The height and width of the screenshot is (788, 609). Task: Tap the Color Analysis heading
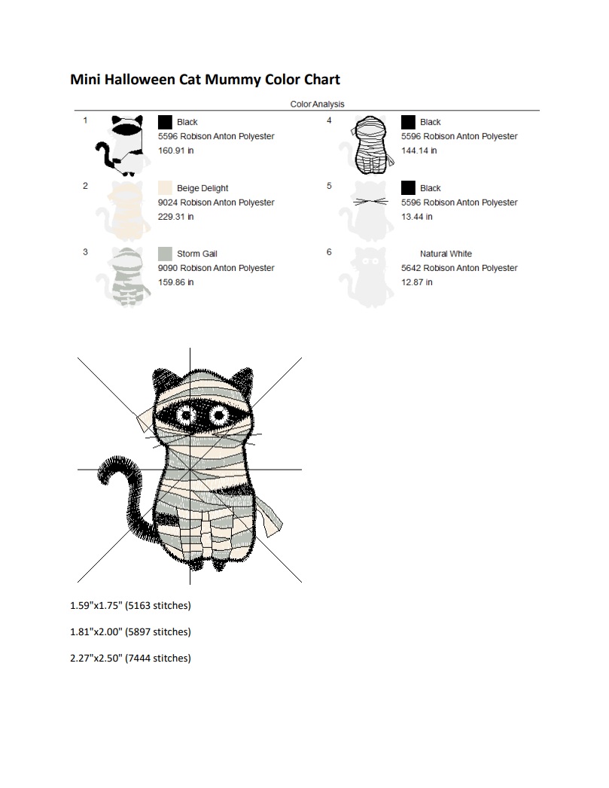(317, 104)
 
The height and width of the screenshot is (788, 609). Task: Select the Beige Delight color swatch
(165, 188)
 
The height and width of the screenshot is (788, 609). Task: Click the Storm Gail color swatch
(165, 254)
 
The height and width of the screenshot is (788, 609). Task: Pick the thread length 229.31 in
(176, 217)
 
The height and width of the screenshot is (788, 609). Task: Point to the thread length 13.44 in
(416, 217)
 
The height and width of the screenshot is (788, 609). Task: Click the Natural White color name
(446, 254)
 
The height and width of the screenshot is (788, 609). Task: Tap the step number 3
(85, 252)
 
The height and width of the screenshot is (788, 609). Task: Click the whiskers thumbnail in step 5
(370, 202)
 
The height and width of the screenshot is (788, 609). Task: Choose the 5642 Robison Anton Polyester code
(459, 268)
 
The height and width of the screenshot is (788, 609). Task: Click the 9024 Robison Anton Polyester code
(216, 202)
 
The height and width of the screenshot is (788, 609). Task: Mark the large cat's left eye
(187, 415)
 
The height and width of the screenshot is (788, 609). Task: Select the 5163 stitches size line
(130, 606)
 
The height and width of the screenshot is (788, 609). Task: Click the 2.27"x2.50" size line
(130, 658)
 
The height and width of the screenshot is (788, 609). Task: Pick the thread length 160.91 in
(176, 151)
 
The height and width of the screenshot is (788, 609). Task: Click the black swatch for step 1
(165, 122)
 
